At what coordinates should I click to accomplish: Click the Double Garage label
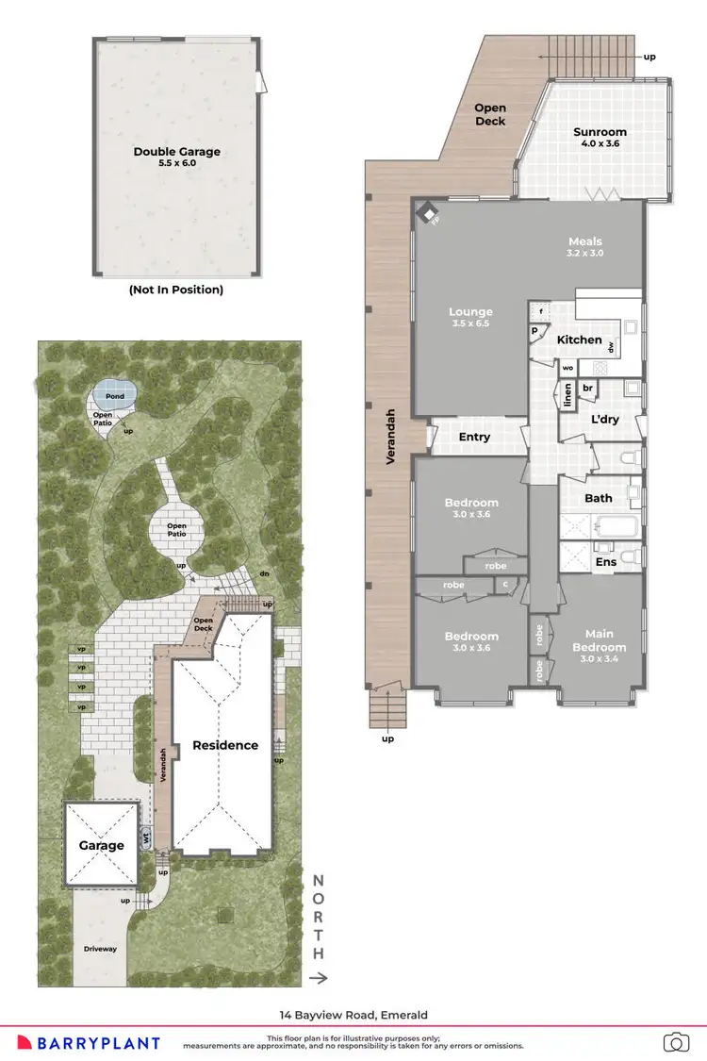[x=176, y=151]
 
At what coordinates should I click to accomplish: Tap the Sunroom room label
[x=600, y=132]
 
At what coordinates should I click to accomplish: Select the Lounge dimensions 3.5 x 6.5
[x=470, y=324]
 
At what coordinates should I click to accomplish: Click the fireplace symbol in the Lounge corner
[x=427, y=213]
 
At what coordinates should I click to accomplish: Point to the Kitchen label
[x=579, y=340]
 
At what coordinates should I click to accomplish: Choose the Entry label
[x=474, y=437]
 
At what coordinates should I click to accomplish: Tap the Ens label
[x=605, y=562]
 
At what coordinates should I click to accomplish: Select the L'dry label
[x=603, y=419]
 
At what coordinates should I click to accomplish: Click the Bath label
[x=599, y=498]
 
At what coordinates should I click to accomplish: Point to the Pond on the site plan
[x=114, y=397]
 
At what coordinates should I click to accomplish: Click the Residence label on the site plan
[x=225, y=745]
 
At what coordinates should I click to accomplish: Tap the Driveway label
[x=100, y=949]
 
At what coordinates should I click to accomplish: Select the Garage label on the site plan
[x=101, y=845]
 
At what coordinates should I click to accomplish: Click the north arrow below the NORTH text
[x=319, y=979]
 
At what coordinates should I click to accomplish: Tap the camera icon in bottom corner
[x=675, y=1042]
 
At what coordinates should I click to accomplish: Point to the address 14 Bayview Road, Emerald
[x=353, y=1015]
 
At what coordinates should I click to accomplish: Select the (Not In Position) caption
[x=176, y=290]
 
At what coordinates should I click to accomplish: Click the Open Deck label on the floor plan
[x=490, y=115]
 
